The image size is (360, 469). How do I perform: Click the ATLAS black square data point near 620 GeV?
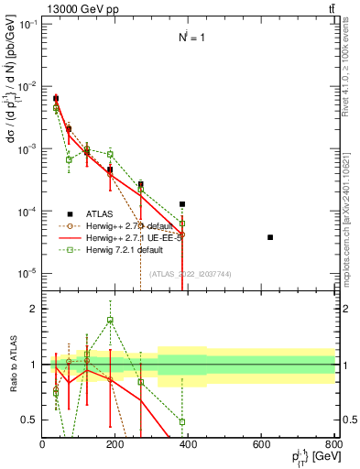pyautogui.click(x=270, y=237)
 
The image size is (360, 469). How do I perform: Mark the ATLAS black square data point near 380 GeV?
pyautogui.click(x=182, y=204)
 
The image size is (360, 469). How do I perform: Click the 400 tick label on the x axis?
pyautogui.click(x=188, y=446)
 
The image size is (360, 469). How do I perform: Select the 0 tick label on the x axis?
pyautogui.click(x=42, y=446)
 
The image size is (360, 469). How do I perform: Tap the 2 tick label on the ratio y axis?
pyautogui.click(x=32, y=310)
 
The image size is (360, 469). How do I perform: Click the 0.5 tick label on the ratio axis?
pyautogui.click(x=27, y=420)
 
